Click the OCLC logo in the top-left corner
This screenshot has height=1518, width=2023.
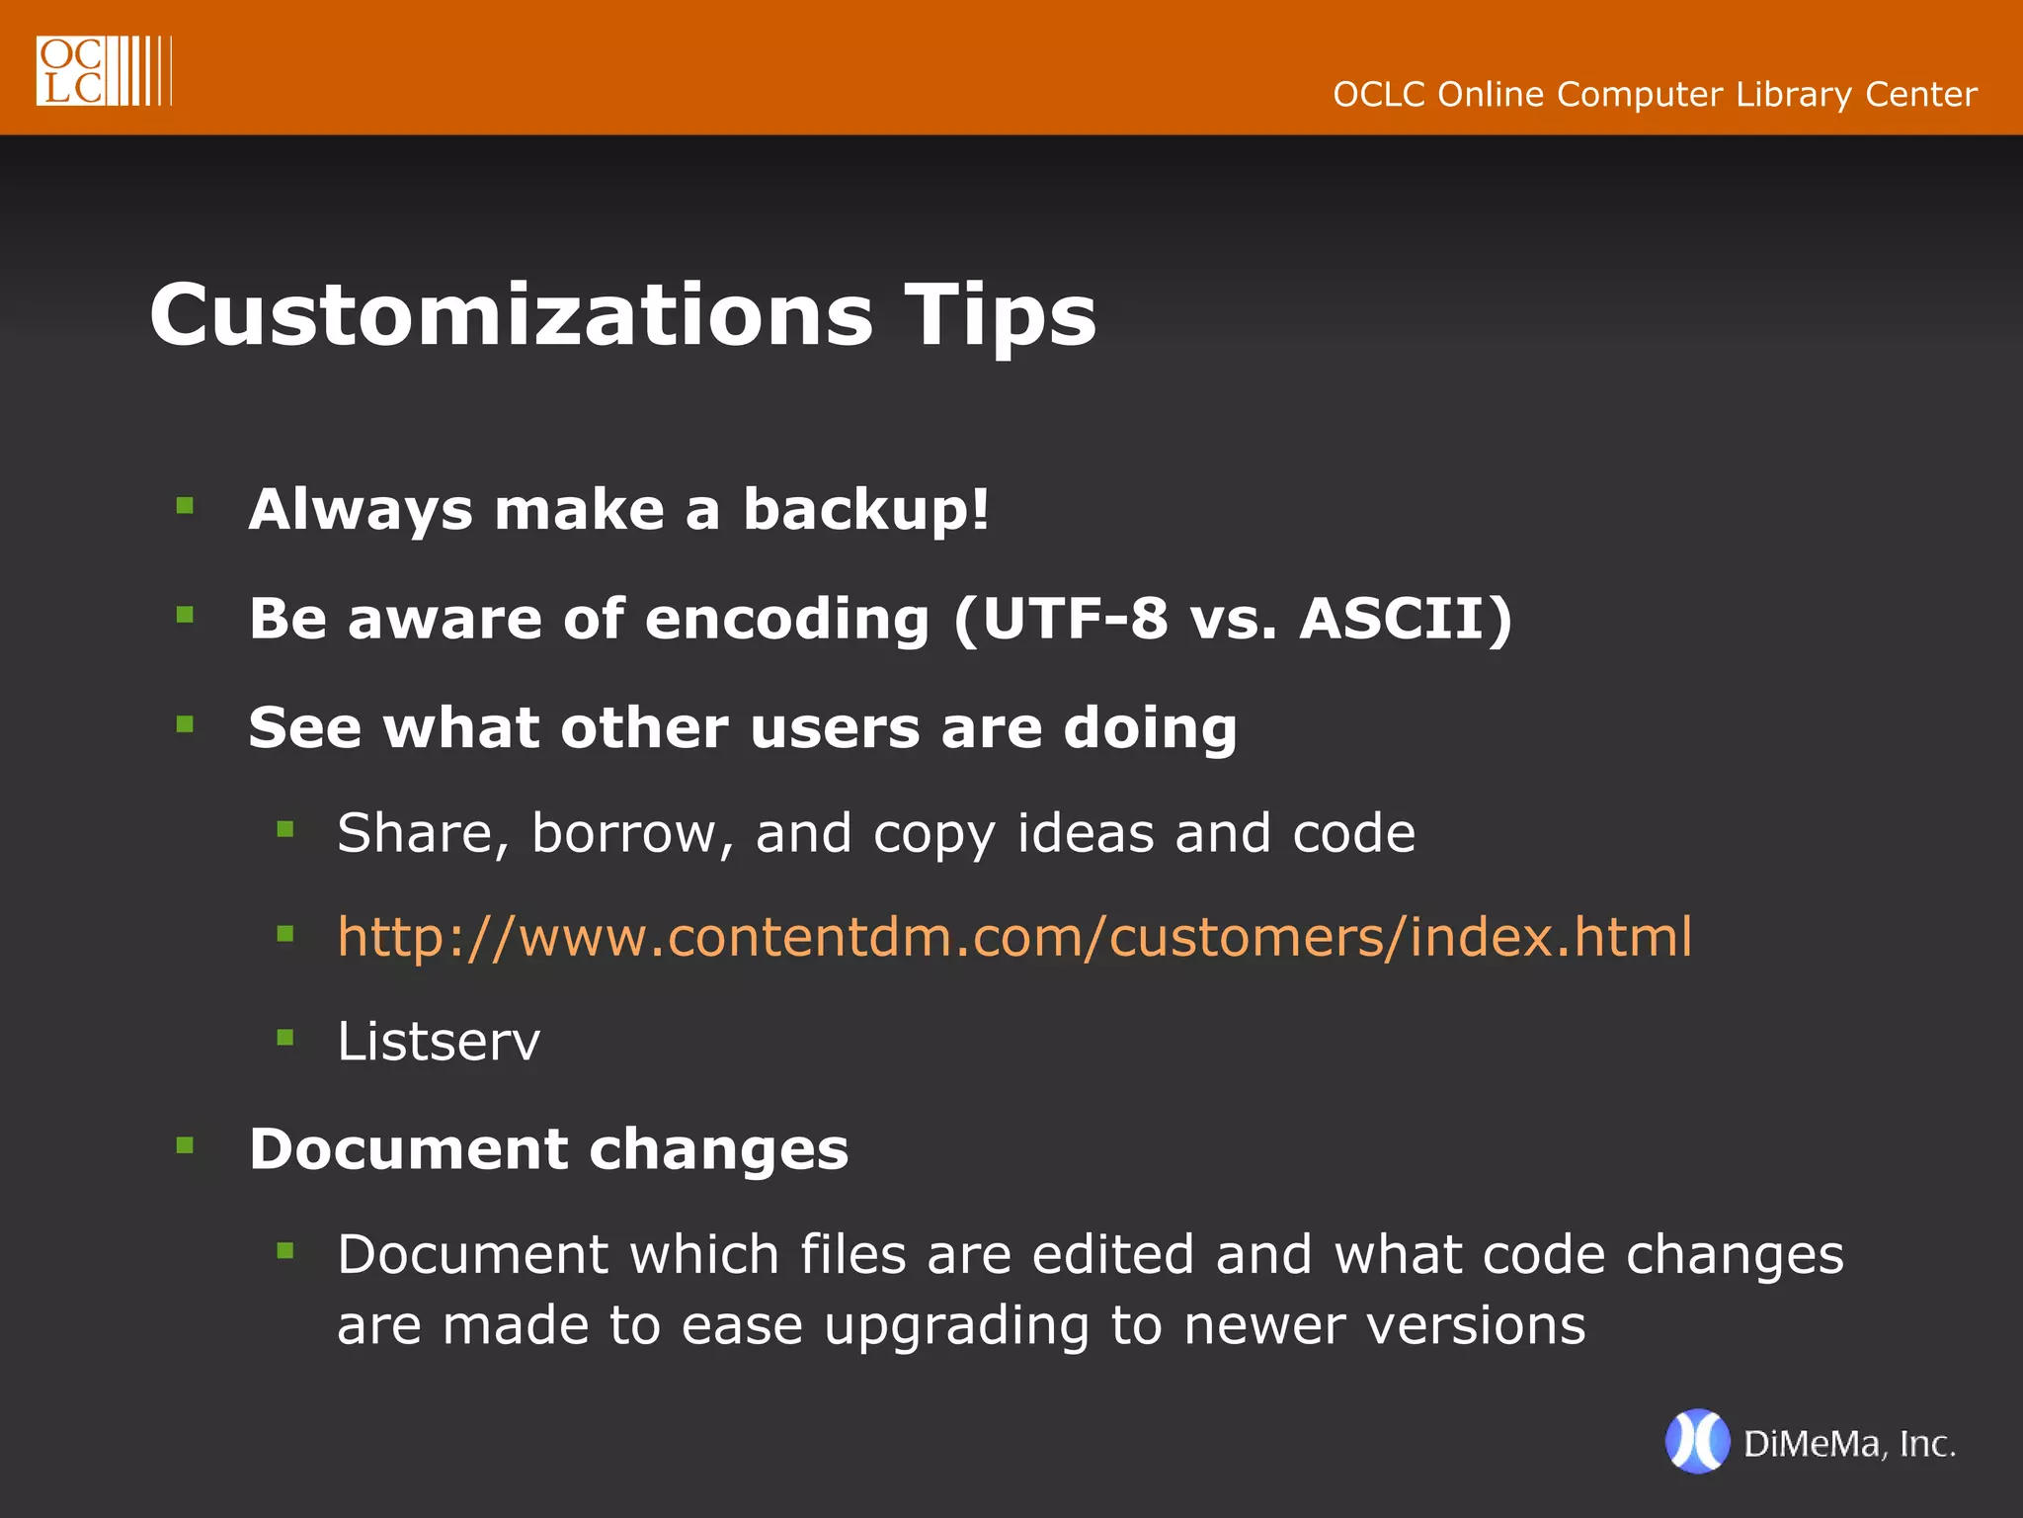pyautogui.click(x=103, y=70)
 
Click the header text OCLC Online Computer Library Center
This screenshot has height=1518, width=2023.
pyautogui.click(x=1655, y=95)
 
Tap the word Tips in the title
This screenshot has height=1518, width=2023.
pyautogui.click(x=999, y=315)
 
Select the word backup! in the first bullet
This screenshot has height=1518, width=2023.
pyautogui.click(x=865, y=510)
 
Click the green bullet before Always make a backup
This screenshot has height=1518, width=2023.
pyautogui.click(x=185, y=507)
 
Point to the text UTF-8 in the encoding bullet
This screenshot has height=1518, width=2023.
pyautogui.click(x=1075, y=619)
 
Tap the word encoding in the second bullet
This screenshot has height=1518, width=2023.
pyautogui.click(x=786, y=621)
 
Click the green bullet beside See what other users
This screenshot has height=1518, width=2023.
pyautogui.click(x=185, y=724)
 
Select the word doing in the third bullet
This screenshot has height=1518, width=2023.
pyautogui.click(x=1150, y=729)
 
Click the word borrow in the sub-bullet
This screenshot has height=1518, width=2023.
pyautogui.click(x=632, y=833)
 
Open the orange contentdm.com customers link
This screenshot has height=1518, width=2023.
pyautogui.click(x=1014, y=937)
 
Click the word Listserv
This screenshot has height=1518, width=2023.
pyautogui.click(x=439, y=1042)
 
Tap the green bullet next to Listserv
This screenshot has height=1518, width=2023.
pyautogui.click(x=285, y=1038)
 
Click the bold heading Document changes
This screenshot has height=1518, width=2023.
pyautogui.click(x=548, y=1149)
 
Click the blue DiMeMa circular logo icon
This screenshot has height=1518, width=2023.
pyautogui.click(x=1697, y=1442)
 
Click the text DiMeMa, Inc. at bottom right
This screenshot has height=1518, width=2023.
pyautogui.click(x=1849, y=1445)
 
